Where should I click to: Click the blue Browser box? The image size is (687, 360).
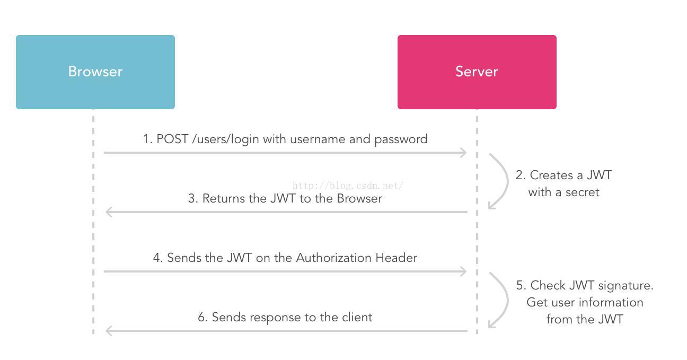(95, 72)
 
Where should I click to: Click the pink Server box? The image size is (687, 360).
(477, 72)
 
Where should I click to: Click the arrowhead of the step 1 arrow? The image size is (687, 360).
(463, 153)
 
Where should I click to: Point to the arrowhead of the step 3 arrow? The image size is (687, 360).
(109, 212)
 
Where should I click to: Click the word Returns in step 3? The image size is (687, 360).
(223, 198)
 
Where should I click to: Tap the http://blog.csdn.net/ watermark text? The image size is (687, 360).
(348, 186)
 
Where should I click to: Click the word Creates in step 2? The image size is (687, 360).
(551, 175)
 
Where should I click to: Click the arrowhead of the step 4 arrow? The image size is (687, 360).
(463, 271)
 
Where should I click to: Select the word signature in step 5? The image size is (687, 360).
(627, 286)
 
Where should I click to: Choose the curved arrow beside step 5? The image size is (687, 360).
(501, 300)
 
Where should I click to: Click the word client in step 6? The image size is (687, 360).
(355, 317)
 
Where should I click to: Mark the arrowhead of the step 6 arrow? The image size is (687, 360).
(109, 331)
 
